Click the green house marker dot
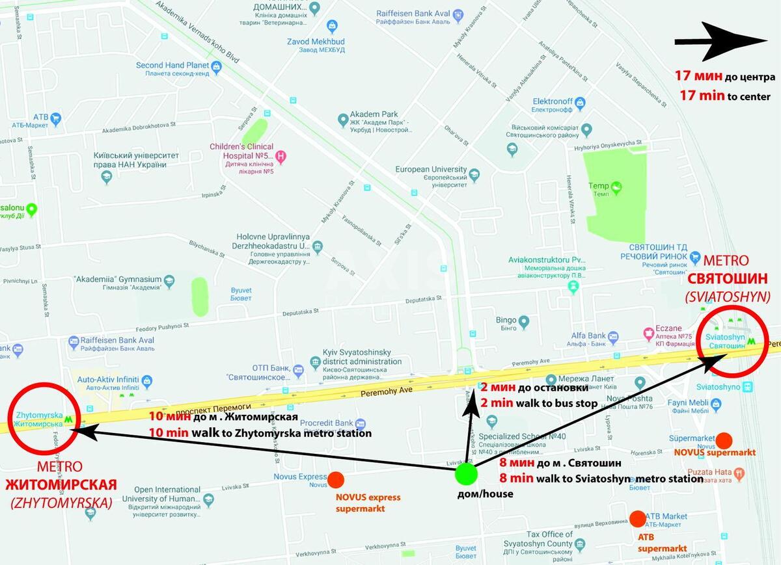[466, 475]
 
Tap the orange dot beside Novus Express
[336, 480]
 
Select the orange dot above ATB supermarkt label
[638, 519]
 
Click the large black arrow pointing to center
[720, 41]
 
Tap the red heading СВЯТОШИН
[728, 279]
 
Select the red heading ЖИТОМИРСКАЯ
[61, 485]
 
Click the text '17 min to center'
[724, 96]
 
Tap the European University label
[431, 170]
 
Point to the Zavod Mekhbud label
[316, 42]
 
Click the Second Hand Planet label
[172, 65]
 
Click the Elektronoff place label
[553, 101]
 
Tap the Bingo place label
[506, 320]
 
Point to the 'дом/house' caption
[485, 493]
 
